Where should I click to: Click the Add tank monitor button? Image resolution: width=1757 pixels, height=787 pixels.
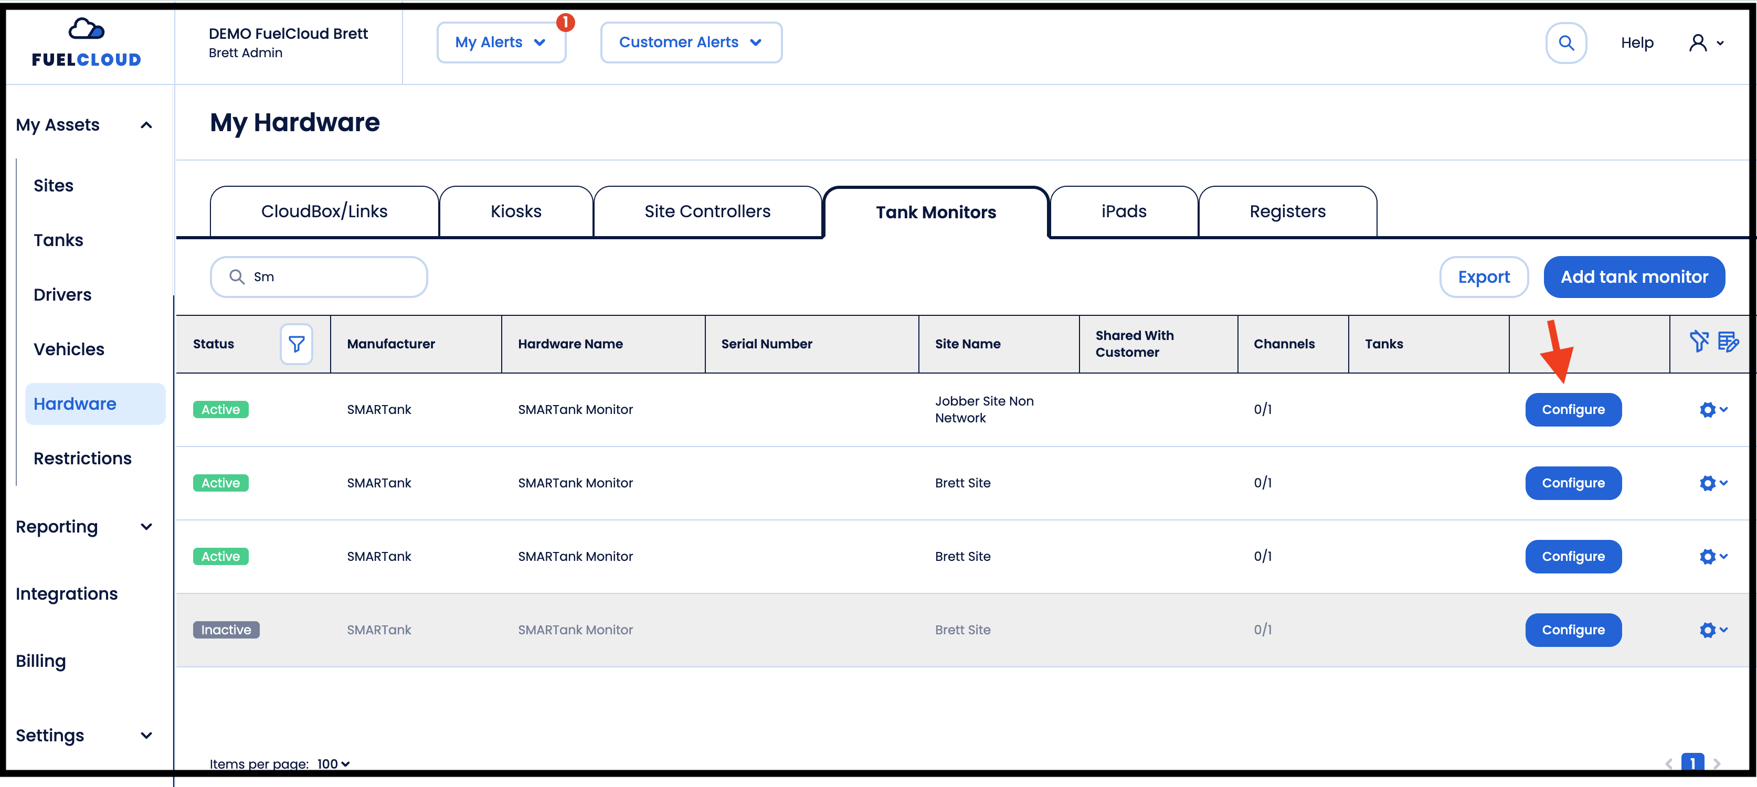point(1634,277)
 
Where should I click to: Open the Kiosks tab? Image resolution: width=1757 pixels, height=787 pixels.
point(516,211)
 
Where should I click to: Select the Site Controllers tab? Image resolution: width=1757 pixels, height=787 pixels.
point(707,211)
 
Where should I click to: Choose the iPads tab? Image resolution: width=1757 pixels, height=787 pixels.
point(1124,211)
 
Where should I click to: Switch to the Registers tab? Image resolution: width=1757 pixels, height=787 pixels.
point(1287,211)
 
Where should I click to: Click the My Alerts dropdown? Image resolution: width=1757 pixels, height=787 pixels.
point(501,42)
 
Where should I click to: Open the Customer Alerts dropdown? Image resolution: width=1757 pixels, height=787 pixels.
point(691,42)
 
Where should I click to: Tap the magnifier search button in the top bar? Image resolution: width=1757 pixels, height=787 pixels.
point(1566,43)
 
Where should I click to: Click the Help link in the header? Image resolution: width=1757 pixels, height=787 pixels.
point(1637,43)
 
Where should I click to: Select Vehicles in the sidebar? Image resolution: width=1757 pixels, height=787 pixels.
point(69,349)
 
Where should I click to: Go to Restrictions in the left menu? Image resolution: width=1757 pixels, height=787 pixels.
point(82,458)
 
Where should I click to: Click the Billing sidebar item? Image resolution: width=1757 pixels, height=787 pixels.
point(41,661)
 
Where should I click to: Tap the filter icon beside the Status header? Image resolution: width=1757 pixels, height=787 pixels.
point(297,344)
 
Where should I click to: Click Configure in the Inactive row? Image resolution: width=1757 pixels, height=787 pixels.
point(1573,630)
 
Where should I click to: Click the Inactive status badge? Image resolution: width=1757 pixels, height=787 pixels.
point(226,630)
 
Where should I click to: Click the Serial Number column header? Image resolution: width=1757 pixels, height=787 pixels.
point(767,344)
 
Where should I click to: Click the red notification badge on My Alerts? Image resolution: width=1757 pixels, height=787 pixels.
point(565,23)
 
